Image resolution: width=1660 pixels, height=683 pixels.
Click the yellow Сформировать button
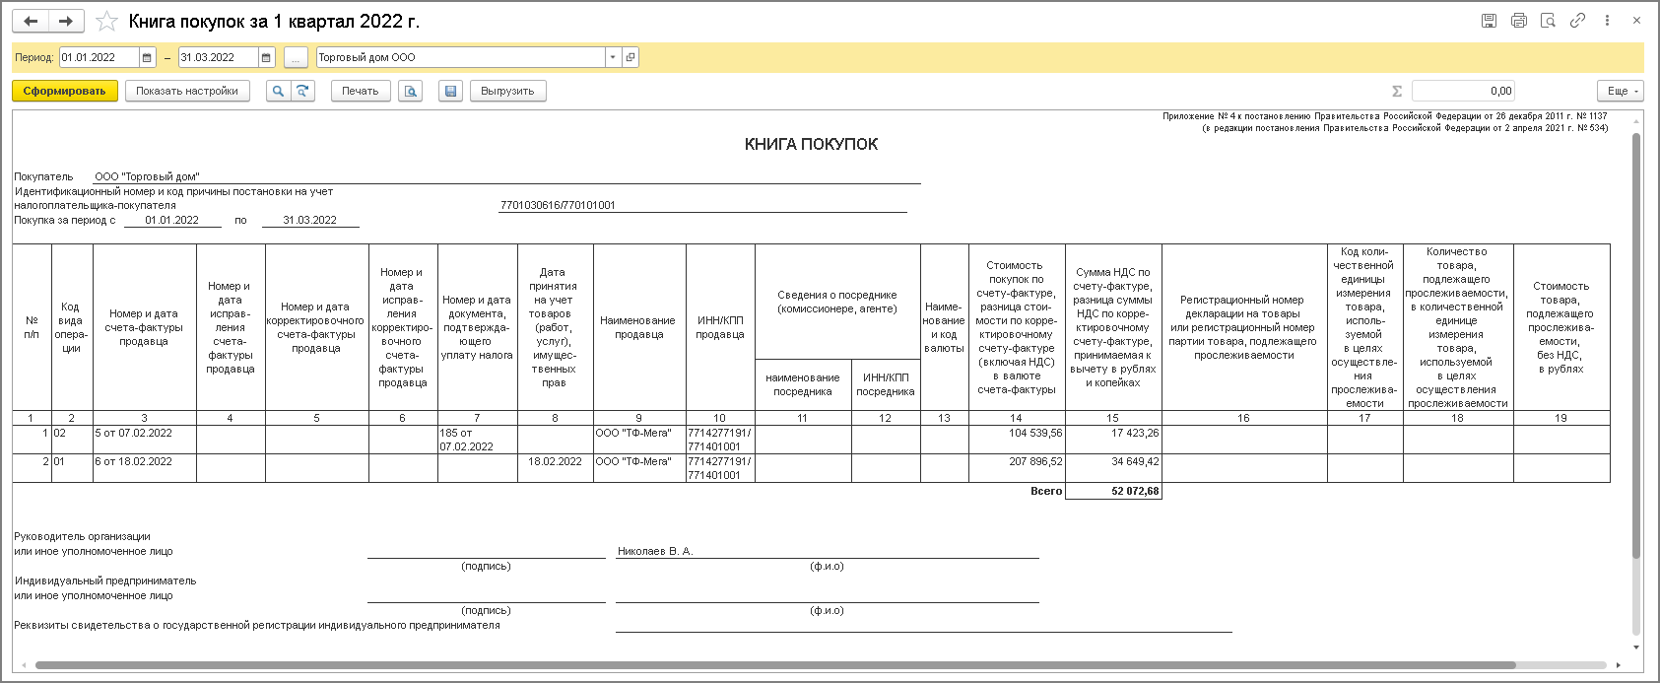point(65,91)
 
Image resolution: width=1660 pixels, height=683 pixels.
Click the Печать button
point(360,91)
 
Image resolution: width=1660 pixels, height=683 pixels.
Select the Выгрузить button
point(507,91)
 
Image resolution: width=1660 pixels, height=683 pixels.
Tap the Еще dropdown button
point(1623,91)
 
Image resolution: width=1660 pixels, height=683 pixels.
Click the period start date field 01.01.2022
point(99,57)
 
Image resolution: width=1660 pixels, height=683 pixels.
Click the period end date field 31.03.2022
point(218,57)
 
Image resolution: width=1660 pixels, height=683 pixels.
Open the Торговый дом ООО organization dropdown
point(613,57)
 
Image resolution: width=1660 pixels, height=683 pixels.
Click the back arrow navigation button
point(31,21)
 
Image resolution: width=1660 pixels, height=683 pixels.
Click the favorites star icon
point(106,21)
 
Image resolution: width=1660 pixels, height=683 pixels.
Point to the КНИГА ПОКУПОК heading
point(811,144)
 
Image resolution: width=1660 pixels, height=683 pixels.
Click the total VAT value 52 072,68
point(1135,491)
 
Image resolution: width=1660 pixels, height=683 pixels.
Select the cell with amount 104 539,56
point(1035,433)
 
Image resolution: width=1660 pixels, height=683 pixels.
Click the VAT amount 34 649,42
point(1135,461)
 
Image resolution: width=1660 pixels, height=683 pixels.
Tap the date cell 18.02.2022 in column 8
point(555,461)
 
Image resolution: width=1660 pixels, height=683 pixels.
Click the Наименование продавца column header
point(637,327)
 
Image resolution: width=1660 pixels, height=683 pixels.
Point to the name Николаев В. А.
point(655,551)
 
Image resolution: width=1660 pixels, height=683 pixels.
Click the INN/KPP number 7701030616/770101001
point(558,205)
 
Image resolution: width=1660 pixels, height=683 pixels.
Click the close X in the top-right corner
point(1637,20)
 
